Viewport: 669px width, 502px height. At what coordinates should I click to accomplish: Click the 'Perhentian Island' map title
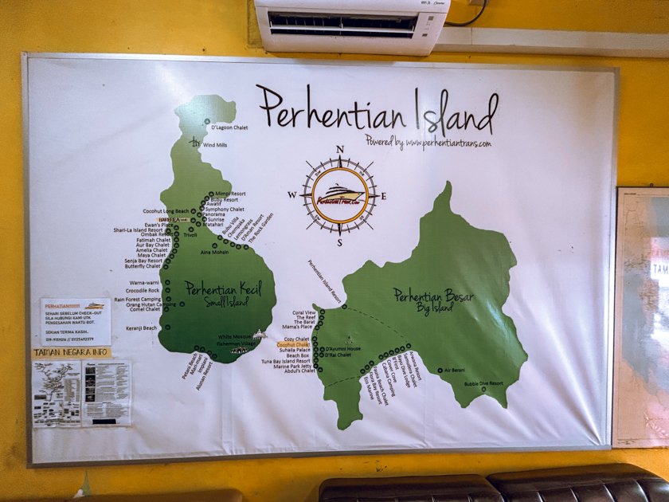pyautogui.click(x=377, y=112)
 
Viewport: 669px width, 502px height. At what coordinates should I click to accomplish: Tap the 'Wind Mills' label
pyautogui.click(x=215, y=145)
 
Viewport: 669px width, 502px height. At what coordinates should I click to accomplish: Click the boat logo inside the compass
pyautogui.click(x=340, y=194)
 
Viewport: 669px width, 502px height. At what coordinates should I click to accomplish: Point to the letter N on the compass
pyautogui.click(x=340, y=150)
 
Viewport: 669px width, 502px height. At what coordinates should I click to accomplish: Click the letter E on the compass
pyautogui.click(x=383, y=196)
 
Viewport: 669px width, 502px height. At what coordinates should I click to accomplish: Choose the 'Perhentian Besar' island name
pyautogui.click(x=433, y=296)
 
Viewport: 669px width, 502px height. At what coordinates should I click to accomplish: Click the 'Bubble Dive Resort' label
pyautogui.click(x=485, y=384)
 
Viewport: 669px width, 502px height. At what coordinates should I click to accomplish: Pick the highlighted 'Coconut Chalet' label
pyautogui.click(x=293, y=345)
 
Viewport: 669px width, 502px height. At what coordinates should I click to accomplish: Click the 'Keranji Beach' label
pyautogui.click(x=139, y=327)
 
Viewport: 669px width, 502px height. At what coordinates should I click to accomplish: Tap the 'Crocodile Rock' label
pyautogui.click(x=143, y=291)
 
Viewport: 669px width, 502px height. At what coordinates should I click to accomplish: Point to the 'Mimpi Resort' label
pyautogui.click(x=230, y=194)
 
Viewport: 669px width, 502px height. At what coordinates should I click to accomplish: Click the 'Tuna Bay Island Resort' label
pyautogui.click(x=284, y=361)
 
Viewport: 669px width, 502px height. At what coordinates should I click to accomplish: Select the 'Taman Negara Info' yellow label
pyautogui.click(x=72, y=352)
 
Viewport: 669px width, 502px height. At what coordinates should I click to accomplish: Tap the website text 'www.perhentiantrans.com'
pyautogui.click(x=447, y=144)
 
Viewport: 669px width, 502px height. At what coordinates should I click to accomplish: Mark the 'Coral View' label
pyautogui.click(x=304, y=312)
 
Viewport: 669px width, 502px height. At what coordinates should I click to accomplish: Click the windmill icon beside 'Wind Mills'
pyautogui.click(x=194, y=142)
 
